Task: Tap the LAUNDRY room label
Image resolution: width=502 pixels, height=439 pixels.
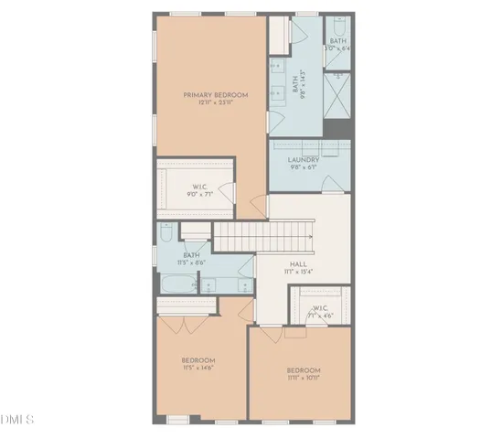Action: click(x=303, y=159)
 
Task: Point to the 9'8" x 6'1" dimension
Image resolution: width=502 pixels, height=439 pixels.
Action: click(x=303, y=167)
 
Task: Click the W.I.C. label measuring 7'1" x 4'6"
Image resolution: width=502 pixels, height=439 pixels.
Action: click(x=320, y=308)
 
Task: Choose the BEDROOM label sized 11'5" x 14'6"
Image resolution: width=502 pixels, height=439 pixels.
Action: click(x=198, y=360)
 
